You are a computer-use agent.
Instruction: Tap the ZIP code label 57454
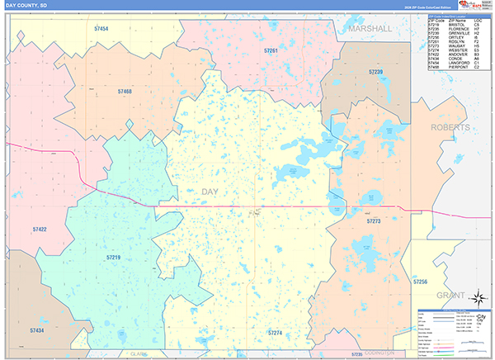(101, 29)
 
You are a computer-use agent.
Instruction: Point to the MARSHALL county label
(370, 28)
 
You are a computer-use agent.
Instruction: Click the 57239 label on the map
(376, 73)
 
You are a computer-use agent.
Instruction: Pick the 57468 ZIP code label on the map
(125, 92)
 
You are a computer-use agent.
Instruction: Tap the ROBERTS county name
(450, 128)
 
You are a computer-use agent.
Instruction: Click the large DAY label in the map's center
(211, 192)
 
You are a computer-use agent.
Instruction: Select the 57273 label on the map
(373, 221)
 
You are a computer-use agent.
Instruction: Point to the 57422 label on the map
(40, 229)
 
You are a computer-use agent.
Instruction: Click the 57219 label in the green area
(113, 258)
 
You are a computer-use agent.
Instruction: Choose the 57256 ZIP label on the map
(420, 282)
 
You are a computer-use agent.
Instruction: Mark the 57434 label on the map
(37, 330)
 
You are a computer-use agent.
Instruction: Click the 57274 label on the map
(275, 333)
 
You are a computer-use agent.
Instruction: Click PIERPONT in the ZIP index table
(459, 67)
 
